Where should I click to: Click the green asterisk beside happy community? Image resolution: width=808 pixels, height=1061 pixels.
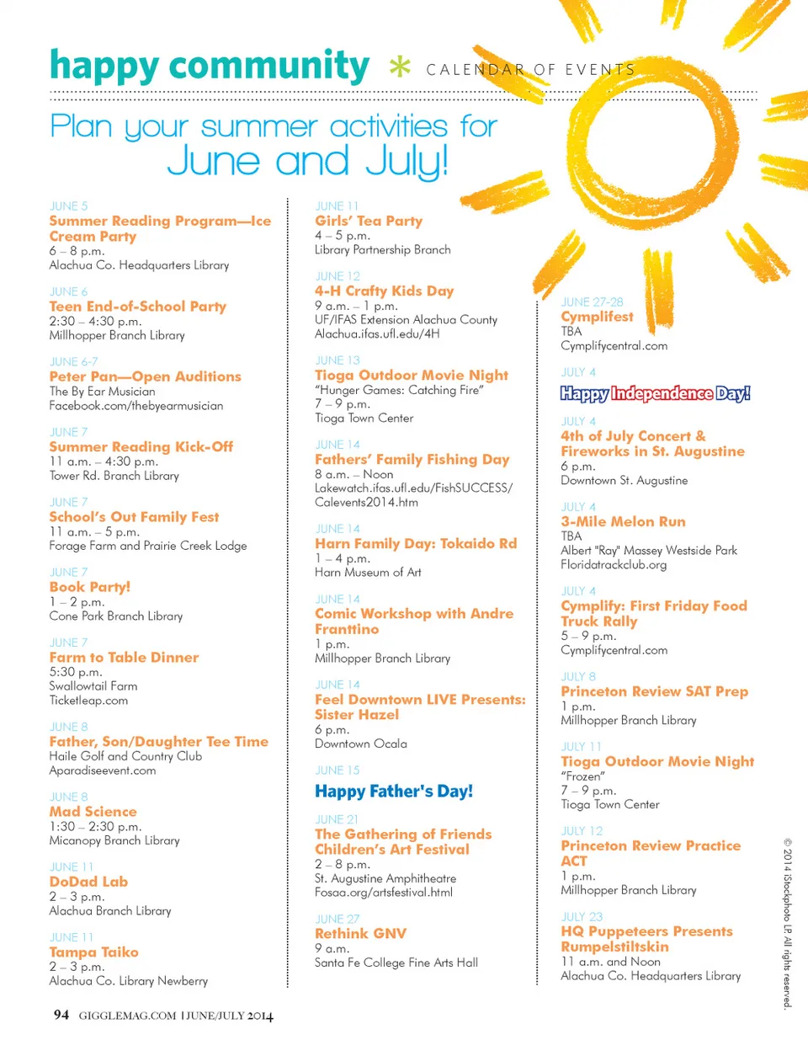pos(400,67)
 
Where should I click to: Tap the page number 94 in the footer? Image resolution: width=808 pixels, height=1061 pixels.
pos(61,1015)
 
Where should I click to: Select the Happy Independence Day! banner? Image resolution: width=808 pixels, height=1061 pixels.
pos(655,393)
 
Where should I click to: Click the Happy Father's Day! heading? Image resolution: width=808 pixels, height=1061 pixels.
pos(394,791)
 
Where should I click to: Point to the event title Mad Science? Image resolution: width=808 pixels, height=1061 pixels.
pos(93,811)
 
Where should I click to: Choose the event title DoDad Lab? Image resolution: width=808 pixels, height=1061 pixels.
pos(88,882)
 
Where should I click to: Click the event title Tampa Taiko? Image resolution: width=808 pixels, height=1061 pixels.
pos(93,952)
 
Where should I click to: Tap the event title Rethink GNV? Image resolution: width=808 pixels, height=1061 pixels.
pos(360,933)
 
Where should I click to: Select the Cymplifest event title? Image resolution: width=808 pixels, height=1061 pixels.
pos(597,317)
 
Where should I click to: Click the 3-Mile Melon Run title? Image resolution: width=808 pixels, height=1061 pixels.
pos(623,521)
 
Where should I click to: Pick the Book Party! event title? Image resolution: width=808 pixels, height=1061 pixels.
pos(89,587)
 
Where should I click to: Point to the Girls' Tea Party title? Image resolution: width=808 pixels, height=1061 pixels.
pos(369,221)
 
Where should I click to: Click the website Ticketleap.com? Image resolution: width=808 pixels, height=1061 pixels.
pos(88,700)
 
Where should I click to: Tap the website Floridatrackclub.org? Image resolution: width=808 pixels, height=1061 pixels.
pos(614,564)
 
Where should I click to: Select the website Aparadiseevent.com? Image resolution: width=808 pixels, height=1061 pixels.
pos(102,770)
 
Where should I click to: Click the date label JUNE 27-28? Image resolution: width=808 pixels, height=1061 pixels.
pos(592,301)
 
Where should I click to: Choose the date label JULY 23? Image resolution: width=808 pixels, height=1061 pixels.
pos(582,916)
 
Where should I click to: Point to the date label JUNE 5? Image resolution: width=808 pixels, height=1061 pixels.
pos(68,205)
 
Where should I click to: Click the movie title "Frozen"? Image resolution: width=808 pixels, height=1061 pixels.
pos(582,776)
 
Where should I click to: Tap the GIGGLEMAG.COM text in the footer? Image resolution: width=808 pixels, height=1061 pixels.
pos(127,1016)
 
